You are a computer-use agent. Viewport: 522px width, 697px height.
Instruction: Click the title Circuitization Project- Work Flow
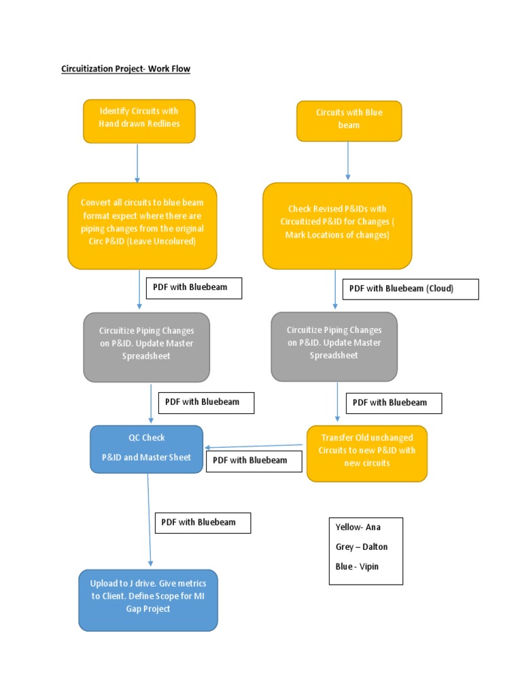(x=126, y=69)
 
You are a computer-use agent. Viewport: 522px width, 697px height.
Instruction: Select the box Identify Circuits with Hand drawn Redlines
(x=139, y=121)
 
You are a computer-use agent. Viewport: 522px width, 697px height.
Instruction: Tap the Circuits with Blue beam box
(x=349, y=120)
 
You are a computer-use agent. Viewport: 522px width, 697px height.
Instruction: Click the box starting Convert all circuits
(x=142, y=225)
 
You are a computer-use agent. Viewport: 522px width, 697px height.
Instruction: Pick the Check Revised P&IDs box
(x=337, y=225)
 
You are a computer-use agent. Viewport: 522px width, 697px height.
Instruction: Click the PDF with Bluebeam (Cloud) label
(x=411, y=289)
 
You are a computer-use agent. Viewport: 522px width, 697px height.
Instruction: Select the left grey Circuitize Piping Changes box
(x=147, y=346)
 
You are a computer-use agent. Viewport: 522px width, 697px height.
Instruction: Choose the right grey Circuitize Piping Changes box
(x=334, y=346)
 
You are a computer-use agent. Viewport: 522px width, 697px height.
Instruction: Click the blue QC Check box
(x=147, y=449)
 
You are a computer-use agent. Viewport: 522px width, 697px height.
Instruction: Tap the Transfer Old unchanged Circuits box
(x=367, y=453)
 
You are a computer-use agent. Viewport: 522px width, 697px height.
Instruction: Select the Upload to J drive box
(x=148, y=600)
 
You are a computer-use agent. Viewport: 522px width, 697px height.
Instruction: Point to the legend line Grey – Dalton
(x=362, y=547)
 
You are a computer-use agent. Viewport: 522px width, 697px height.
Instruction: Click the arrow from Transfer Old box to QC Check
(x=255, y=447)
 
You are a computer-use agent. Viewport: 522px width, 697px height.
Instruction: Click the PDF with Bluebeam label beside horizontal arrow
(x=249, y=460)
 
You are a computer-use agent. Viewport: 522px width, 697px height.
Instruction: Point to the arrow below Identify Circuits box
(x=137, y=163)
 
